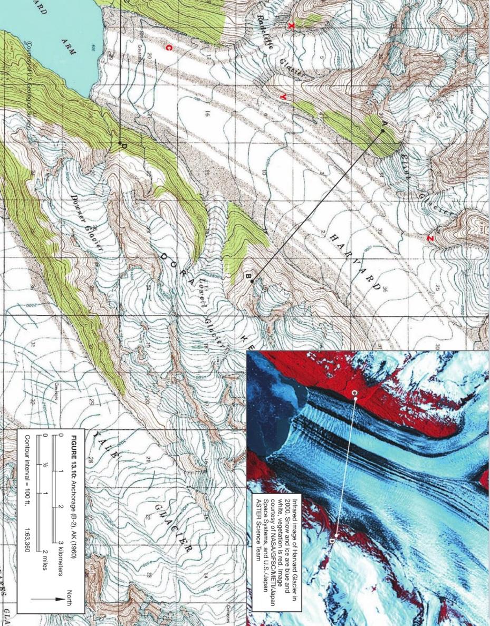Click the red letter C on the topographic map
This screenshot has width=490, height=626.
[168, 48]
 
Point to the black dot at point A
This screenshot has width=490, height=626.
[382, 130]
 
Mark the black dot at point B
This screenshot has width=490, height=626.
[252, 282]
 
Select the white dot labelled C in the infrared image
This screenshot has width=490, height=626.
[356, 400]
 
